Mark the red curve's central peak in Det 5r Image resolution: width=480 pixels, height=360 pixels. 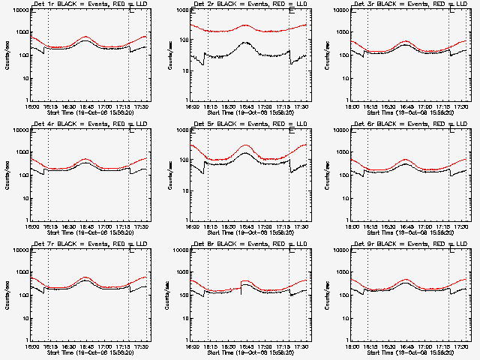pos(246,145)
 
